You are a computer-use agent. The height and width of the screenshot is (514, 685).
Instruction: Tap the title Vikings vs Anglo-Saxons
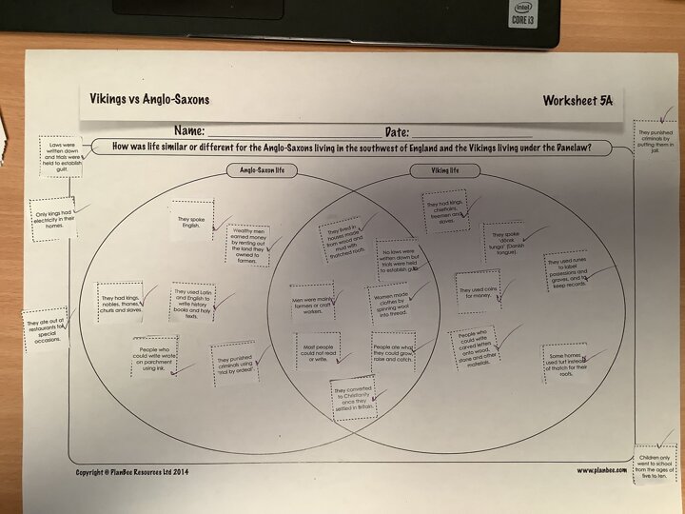tap(149, 99)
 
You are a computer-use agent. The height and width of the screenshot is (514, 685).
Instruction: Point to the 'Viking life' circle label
tap(440, 171)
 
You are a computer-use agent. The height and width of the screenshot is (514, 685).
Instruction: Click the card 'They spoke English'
tap(191, 220)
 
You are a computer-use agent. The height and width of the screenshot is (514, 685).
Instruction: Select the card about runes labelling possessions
tap(570, 271)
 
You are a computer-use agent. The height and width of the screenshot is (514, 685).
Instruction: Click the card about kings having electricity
tap(54, 219)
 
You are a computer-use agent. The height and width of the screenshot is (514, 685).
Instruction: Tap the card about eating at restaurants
tap(46, 330)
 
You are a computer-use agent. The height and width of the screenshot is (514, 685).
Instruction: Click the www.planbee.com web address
tap(601, 470)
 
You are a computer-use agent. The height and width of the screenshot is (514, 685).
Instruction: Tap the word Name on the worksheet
tap(190, 131)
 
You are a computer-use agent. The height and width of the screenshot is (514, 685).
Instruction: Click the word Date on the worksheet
tap(397, 131)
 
